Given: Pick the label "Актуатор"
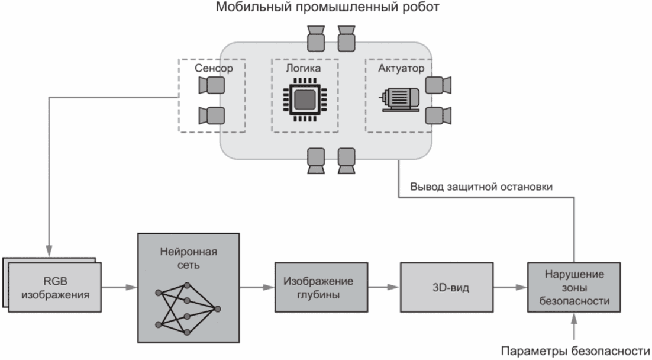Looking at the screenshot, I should [401, 69].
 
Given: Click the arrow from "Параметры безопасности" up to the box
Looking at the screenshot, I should [573, 326].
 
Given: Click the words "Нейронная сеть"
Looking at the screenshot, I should [188, 257].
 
